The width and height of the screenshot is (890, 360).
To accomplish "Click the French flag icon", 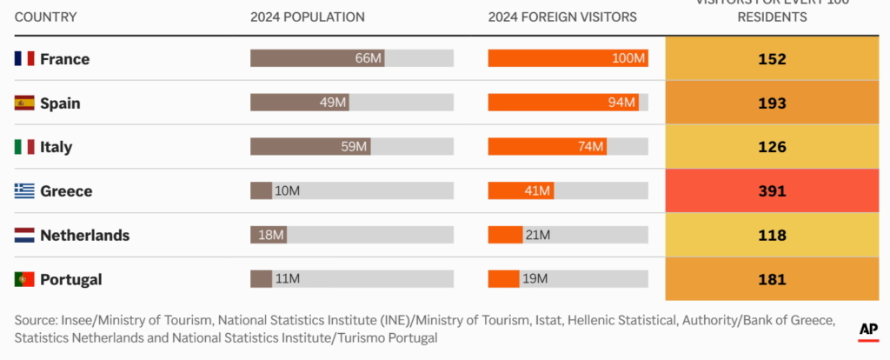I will coord(24,59).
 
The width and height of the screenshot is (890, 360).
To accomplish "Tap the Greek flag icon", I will coord(24,191).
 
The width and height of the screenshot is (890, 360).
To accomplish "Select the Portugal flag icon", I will coord(24,279).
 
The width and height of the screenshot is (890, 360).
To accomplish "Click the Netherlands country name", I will coord(84,235).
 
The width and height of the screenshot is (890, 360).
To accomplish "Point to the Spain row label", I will coord(60,103).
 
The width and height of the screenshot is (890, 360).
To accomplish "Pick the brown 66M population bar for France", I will coord(317,58).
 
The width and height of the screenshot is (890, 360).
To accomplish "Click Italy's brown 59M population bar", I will coord(310,147).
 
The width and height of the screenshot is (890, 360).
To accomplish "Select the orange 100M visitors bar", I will coord(568,58).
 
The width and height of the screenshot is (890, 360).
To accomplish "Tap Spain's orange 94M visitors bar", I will coord(563,103).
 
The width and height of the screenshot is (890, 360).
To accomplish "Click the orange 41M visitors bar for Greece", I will coord(521,190).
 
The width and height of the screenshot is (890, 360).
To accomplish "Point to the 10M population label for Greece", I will coord(287,191).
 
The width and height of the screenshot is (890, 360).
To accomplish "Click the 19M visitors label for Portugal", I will coord(535,279).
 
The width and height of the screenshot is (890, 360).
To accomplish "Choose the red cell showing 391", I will coord(771,190).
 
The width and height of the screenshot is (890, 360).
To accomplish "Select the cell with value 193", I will coord(771,103).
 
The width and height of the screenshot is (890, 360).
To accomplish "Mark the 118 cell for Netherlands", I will coord(771,235).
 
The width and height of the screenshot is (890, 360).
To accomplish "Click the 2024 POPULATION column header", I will coord(307,17).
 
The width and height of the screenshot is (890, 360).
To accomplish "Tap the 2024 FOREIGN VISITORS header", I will coord(561,17).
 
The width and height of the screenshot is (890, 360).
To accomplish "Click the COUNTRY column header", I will coord(46,17).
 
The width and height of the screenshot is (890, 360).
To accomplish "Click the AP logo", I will coord(867,330).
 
